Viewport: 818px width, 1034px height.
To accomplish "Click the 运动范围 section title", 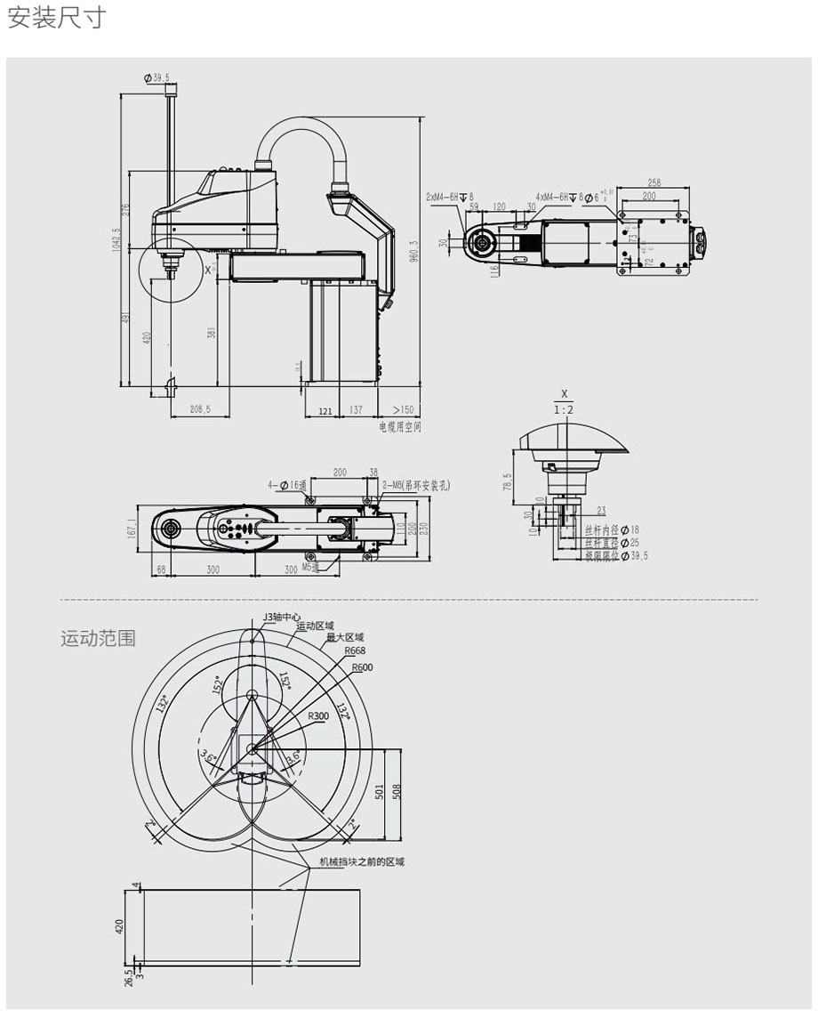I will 98,638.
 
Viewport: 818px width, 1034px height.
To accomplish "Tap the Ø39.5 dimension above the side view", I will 156,78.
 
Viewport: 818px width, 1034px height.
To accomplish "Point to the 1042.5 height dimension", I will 116,240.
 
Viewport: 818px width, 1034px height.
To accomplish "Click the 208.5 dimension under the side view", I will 200,410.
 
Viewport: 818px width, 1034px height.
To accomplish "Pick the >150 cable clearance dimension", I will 404,410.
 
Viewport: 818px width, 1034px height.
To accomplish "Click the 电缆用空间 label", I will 400,427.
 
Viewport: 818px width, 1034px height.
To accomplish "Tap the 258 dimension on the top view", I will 654,183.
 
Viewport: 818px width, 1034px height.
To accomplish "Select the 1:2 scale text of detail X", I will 564,409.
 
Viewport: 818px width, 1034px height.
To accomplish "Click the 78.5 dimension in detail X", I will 507,481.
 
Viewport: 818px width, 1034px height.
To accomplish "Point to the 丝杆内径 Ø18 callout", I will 613,530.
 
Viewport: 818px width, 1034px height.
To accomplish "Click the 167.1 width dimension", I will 132,529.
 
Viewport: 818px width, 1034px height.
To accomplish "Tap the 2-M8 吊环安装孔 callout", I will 416,485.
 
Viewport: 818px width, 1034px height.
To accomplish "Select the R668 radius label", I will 356,650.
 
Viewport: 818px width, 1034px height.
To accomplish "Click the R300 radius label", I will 318,715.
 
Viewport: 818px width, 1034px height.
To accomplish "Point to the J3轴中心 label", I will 282,617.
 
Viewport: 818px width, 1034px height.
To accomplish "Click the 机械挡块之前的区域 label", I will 362,861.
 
